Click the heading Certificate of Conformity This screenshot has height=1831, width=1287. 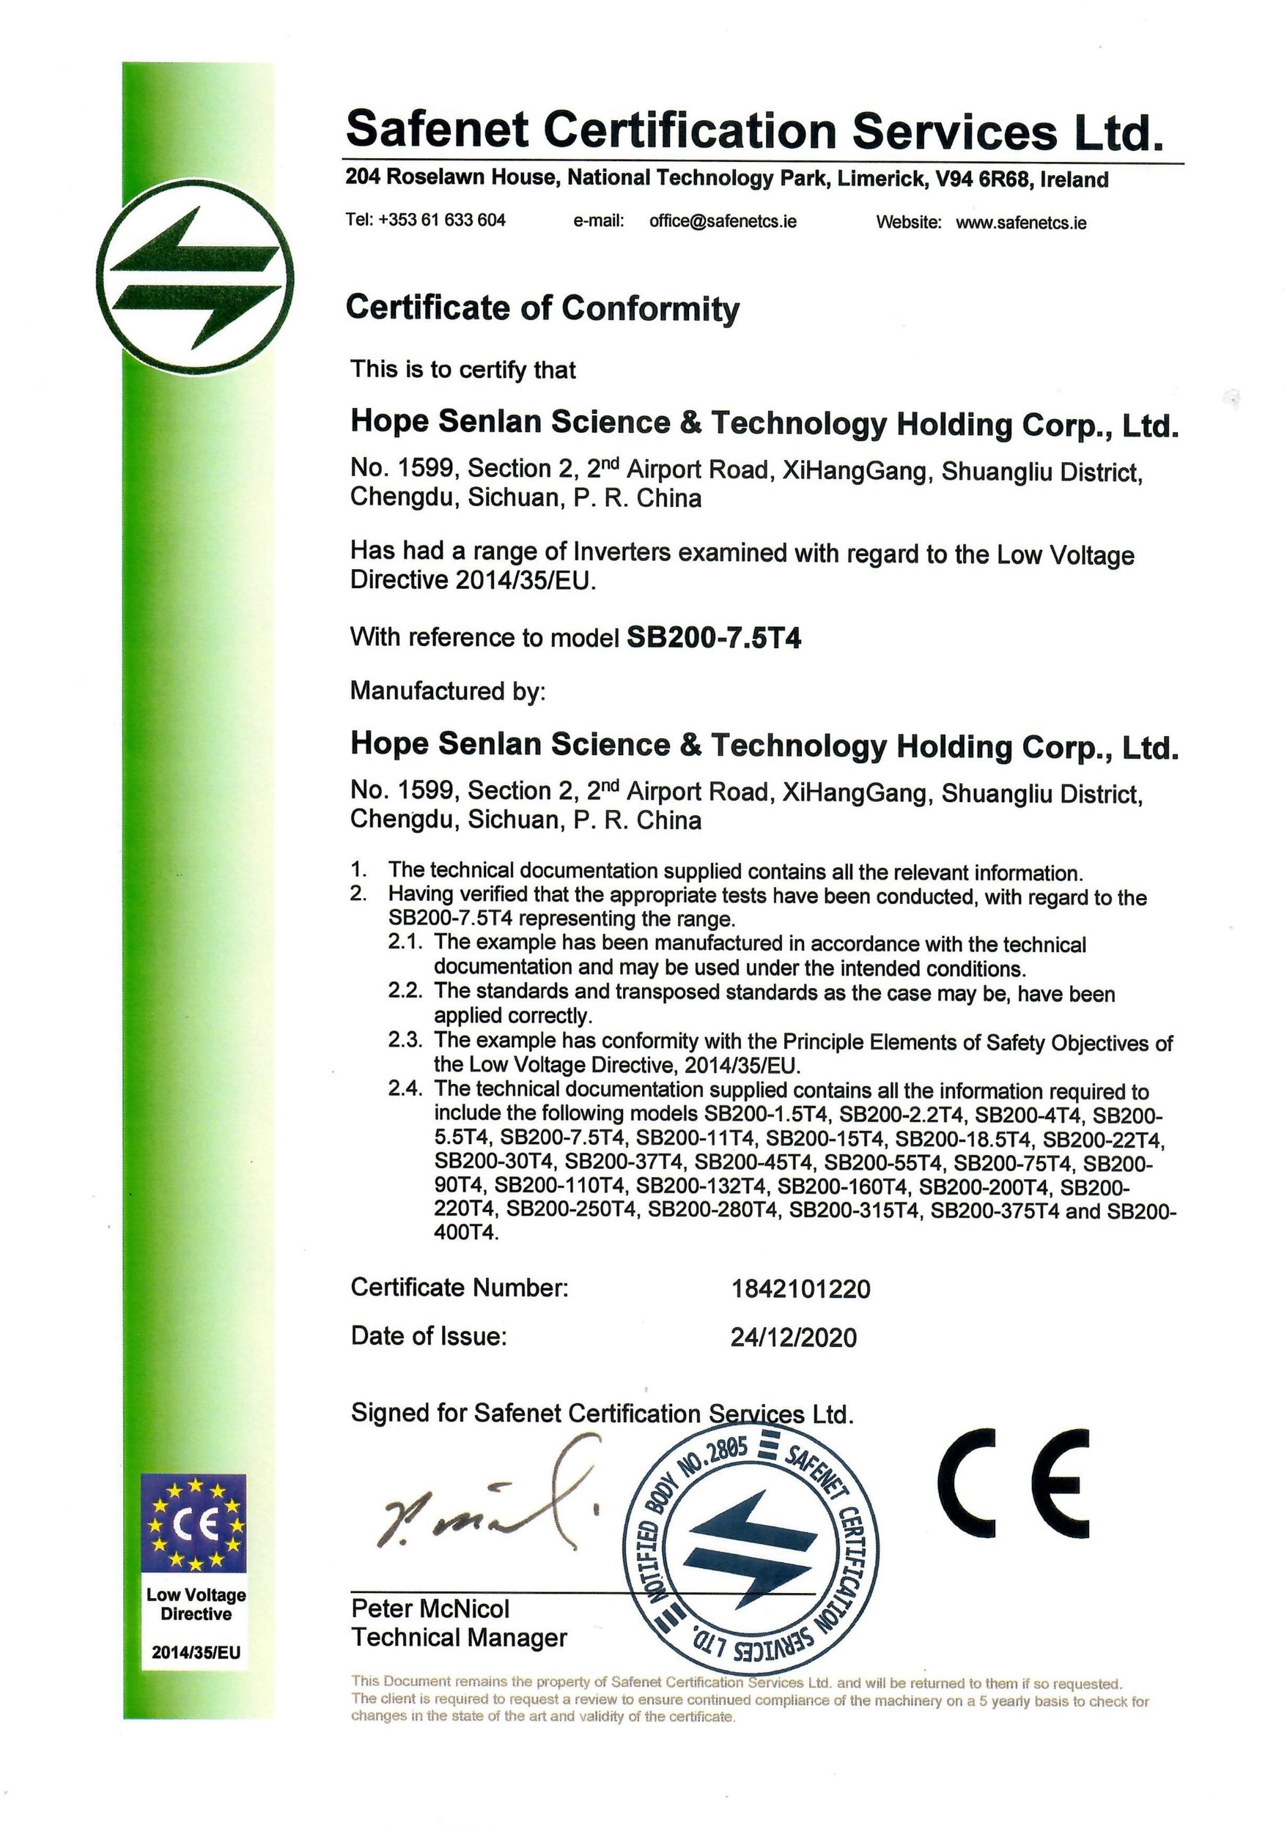pyautogui.click(x=542, y=308)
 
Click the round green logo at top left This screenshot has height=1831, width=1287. pyautogui.click(x=196, y=278)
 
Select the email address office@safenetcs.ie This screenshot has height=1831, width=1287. pyautogui.click(x=722, y=221)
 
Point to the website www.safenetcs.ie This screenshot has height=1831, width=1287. pyautogui.click(x=1020, y=223)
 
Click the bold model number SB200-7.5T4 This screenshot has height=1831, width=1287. pyautogui.click(x=714, y=638)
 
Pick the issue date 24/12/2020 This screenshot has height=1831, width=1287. pyautogui.click(x=793, y=1337)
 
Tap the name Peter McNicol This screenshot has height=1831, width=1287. pyautogui.click(x=430, y=1608)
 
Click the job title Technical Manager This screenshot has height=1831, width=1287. pyautogui.click(x=459, y=1638)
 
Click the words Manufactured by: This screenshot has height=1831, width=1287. pyautogui.click(x=448, y=691)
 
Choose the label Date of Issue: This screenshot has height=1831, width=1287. pyautogui.click(x=429, y=1336)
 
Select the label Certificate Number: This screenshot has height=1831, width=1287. pyautogui.click(x=459, y=1287)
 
